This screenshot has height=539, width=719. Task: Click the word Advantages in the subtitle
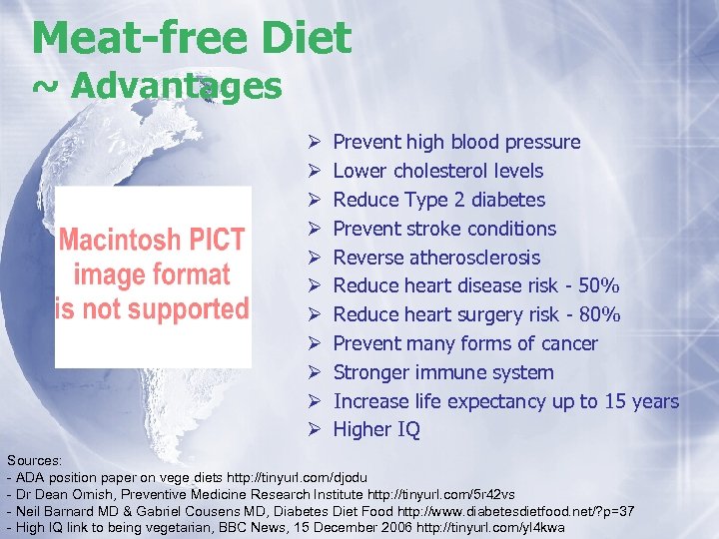(x=177, y=87)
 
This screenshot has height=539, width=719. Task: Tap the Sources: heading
(x=34, y=460)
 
